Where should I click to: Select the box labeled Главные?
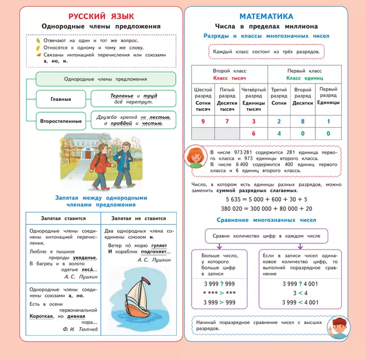tap(61, 99)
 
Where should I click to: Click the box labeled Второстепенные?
tap(61, 121)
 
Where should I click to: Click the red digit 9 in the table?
tap(203, 121)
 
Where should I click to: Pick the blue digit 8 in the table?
tap(302, 121)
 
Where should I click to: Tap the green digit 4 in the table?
tap(278, 134)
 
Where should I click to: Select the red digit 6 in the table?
tap(253, 134)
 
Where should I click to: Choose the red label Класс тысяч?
tap(229, 78)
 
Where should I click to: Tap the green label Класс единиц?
tap(305, 78)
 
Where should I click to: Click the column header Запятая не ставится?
tap(139, 218)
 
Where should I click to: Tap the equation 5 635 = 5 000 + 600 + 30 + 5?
tap(266, 199)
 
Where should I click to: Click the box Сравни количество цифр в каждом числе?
tap(266, 236)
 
